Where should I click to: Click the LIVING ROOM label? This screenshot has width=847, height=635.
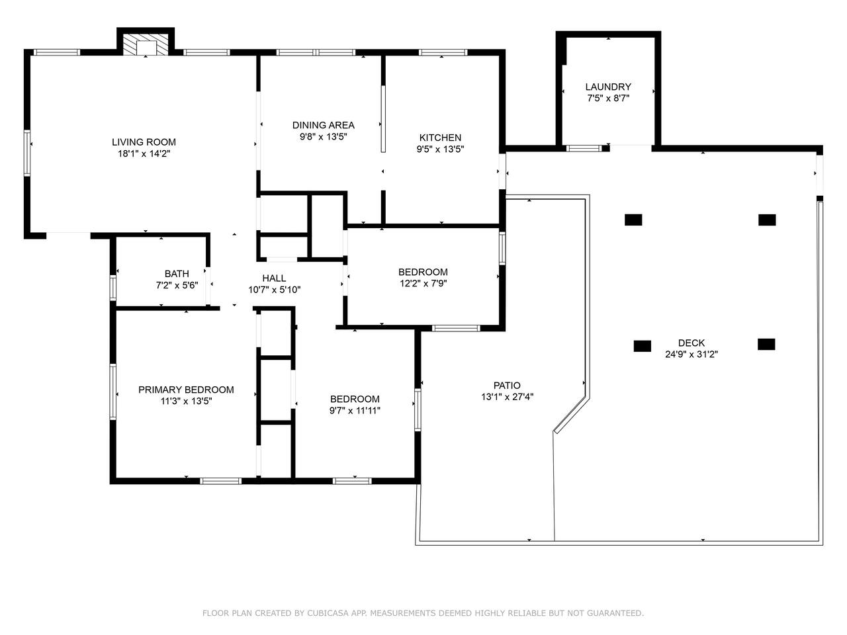[x=144, y=142]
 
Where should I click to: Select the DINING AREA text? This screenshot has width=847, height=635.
[x=324, y=125]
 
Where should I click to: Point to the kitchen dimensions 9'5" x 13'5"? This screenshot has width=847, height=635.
[x=440, y=149]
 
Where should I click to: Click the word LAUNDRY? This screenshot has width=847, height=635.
[x=608, y=87]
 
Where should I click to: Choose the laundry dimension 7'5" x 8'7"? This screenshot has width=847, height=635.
[x=608, y=99]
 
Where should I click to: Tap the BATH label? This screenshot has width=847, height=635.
[x=177, y=274]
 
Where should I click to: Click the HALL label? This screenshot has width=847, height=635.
[x=274, y=278]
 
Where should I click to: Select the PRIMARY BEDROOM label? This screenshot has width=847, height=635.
[x=186, y=390]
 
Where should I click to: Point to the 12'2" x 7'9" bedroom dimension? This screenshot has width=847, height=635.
[x=423, y=283]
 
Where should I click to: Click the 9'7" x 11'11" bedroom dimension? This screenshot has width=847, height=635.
[x=355, y=410]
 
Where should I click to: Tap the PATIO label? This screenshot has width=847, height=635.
[x=507, y=385]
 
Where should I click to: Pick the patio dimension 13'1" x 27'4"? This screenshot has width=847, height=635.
[x=507, y=396]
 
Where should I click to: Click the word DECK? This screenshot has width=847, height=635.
[x=691, y=343]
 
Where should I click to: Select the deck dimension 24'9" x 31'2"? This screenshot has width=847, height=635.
[x=691, y=354]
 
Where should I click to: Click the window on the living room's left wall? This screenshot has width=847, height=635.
[x=27, y=153]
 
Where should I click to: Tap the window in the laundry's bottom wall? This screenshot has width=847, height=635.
[x=584, y=148]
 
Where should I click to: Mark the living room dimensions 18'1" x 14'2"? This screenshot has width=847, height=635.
[x=144, y=153]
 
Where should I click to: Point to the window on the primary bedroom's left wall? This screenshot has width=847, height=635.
[x=112, y=392]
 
